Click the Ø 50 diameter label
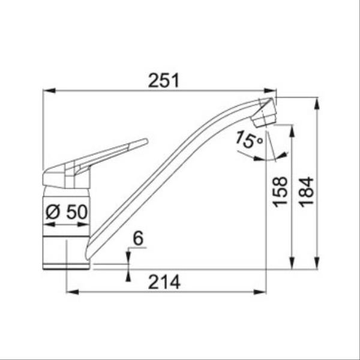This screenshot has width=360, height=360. pyautogui.click(x=67, y=212)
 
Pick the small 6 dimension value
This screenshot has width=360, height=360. pyautogui.click(x=137, y=238)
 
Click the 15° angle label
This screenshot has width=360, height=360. pyautogui.click(x=248, y=141)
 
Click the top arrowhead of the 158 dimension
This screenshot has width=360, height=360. pyautogui.click(x=292, y=130)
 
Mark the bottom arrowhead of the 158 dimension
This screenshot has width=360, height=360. pyautogui.click(x=292, y=262)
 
